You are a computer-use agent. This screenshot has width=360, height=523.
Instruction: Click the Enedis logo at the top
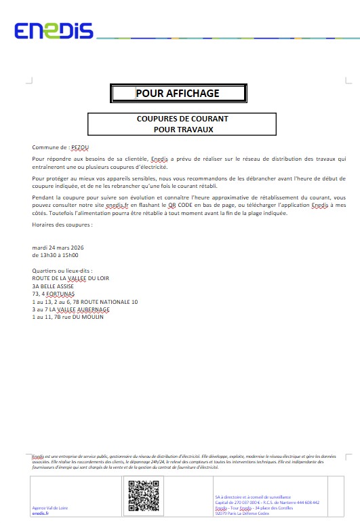click(54, 31)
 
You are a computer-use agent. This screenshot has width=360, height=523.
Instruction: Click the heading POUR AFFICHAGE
click(178, 94)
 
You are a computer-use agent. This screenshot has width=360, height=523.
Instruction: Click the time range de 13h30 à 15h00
click(55, 255)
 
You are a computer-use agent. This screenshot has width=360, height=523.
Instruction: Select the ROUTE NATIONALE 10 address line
click(85, 301)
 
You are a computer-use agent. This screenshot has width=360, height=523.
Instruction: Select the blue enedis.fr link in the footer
click(41, 514)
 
